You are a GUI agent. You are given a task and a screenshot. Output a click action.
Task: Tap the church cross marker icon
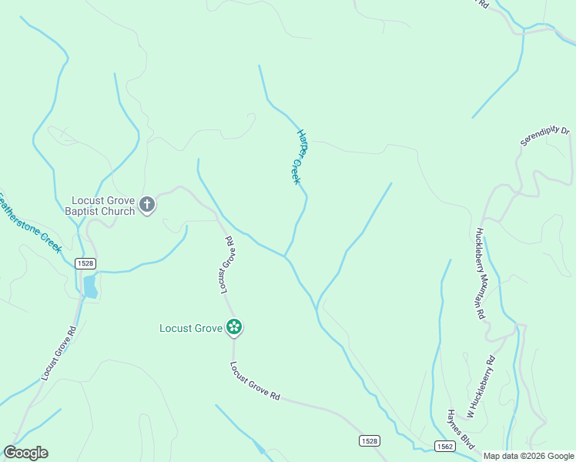[147, 206]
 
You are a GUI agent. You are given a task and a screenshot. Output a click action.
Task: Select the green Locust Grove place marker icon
[234, 328]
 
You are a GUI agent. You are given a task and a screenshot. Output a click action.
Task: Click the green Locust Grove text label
[191, 328]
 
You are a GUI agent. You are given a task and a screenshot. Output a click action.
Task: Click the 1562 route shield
[444, 446]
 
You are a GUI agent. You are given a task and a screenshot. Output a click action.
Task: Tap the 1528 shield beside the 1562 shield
[369, 440]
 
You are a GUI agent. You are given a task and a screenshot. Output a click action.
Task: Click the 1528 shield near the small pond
[85, 263]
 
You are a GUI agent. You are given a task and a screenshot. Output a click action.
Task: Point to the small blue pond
[90, 286]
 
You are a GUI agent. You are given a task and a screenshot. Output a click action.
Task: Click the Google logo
[25, 453]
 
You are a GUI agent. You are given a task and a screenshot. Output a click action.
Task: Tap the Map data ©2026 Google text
[528, 456]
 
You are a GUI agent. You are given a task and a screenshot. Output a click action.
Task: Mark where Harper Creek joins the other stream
[285, 257]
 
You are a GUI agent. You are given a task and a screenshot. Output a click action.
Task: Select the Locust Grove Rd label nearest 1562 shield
[254, 381]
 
